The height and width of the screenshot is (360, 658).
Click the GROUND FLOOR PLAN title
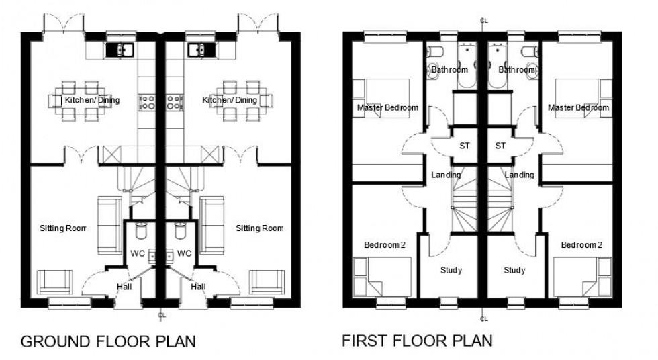pos(108,342)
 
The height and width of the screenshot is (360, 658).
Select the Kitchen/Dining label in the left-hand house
pos(92,101)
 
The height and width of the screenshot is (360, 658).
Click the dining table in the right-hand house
pos(238,101)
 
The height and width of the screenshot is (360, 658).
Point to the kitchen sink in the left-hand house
pos(121,49)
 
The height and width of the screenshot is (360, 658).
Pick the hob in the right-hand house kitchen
pos(173,101)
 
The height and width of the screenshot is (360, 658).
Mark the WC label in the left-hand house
pos(137,254)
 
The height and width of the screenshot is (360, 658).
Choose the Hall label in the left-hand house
pos(124,287)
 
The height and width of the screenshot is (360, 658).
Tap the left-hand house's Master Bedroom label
pos(388,107)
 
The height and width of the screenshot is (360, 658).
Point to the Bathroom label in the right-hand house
pos(517,69)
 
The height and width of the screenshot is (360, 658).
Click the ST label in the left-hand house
pos(464,145)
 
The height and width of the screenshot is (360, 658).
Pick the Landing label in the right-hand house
pos(520,175)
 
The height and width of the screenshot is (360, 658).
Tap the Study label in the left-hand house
pos(451,271)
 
